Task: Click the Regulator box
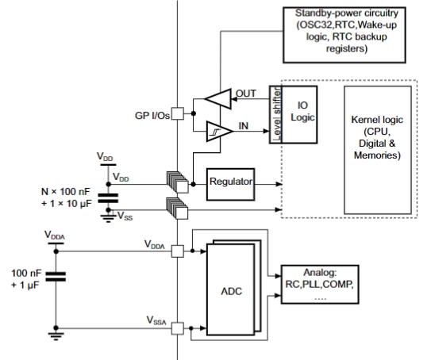[x=230, y=184]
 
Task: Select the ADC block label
[x=232, y=291]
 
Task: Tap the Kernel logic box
[x=378, y=150]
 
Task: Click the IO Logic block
[x=299, y=114]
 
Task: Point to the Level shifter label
[x=276, y=114]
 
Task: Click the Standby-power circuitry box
[x=344, y=35]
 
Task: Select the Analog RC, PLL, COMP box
[x=320, y=284]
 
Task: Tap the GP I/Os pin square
[x=178, y=113]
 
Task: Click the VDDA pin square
[x=178, y=251]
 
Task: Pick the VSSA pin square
[x=178, y=328]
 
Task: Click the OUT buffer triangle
[x=218, y=99]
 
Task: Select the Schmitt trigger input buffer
[x=220, y=132]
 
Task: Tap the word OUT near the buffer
[x=246, y=94]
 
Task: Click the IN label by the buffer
[x=244, y=126]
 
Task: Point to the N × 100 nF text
[x=66, y=191]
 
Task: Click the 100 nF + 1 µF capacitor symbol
[x=56, y=277]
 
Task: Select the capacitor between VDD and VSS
[x=108, y=198]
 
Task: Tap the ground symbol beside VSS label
[x=108, y=218]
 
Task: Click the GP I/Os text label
[x=152, y=116]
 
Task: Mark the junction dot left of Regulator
[x=193, y=184]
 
